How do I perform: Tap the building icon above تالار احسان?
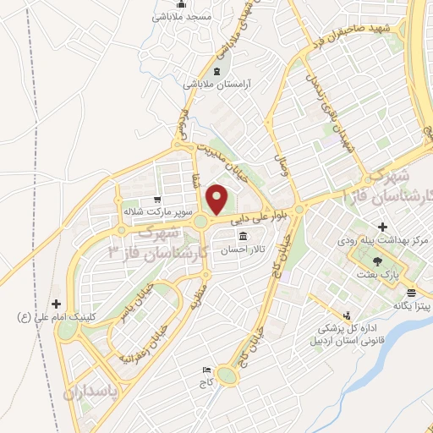click(244, 236)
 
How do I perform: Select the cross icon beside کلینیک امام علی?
click(57, 303)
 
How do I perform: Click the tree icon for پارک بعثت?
click(378, 261)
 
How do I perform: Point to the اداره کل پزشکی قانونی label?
click(348, 331)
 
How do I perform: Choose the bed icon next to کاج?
click(207, 370)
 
